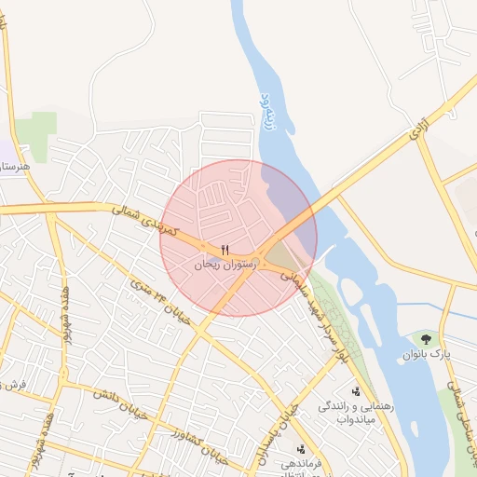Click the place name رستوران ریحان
[224, 265]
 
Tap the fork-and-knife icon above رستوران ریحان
[225, 250]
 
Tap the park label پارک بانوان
[427, 355]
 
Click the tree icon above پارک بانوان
[427, 339]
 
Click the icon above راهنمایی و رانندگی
[356, 390]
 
